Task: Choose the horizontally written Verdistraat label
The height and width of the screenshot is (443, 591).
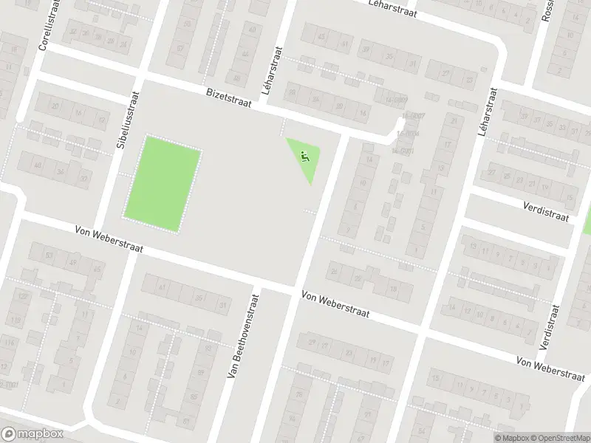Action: [x=547, y=212]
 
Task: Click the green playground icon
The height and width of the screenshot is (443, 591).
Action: [x=304, y=156]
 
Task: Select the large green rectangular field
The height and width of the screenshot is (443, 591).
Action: [x=163, y=183]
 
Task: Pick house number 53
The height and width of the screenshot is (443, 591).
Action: [x=49, y=255]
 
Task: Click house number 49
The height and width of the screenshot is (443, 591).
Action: [x=72, y=262]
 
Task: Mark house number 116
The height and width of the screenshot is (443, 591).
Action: [x=10, y=343]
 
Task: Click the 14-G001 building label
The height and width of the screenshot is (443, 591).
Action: [x=402, y=150]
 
